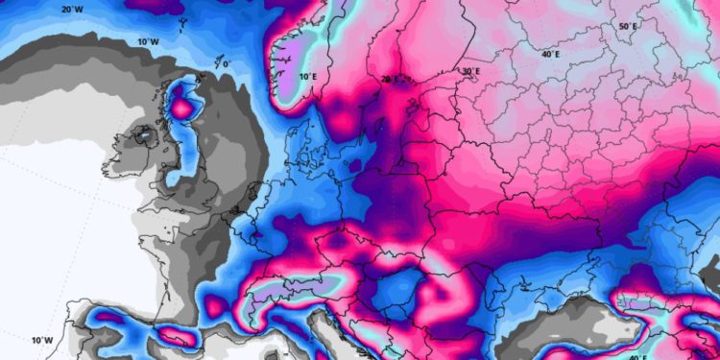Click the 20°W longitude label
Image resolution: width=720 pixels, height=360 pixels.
pyautogui.click(x=72, y=10)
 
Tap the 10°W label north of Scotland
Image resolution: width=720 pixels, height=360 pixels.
pyautogui.click(x=147, y=42)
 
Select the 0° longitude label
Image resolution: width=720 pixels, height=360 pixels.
pyautogui.click(x=227, y=64)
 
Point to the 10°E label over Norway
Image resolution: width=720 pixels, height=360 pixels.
pyautogui.click(x=307, y=76)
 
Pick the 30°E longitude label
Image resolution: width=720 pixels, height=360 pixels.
pyautogui.click(x=469, y=71)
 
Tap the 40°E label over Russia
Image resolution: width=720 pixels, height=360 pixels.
pyautogui.click(x=550, y=55)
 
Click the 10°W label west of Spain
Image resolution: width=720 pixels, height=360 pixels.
pyautogui.click(x=40, y=340)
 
